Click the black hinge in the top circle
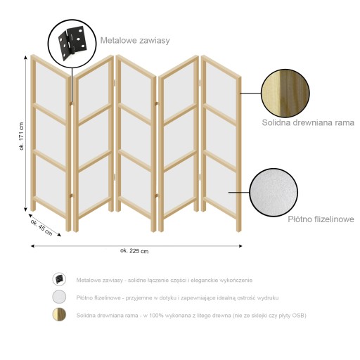[x=72, y=41]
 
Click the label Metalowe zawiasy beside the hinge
[x=135, y=40]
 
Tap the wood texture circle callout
[x=285, y=93]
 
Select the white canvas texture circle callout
[x=274, y=192]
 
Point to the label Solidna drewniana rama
[x=308, y=122]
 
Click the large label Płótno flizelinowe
[x=321, y=219]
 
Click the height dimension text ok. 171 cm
[x=22, y=136]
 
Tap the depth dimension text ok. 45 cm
[x=41, y=227]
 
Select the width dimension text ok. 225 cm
[x=134, y=251]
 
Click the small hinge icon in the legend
[x=59, y=279]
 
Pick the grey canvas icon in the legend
[x=59, y=297]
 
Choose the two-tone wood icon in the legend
[x=59, y=314]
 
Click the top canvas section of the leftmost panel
[x=51, y=89]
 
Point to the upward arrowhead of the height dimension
[x=25, y=58]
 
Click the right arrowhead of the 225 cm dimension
[x=240, y=246]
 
